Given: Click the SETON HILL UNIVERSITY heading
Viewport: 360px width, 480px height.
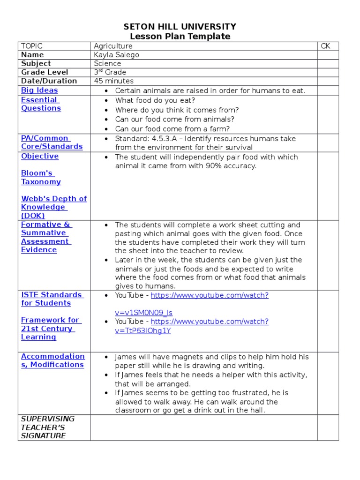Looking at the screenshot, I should [x=180, y=27].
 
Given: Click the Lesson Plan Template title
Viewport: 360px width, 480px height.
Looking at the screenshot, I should [x=180, y=37].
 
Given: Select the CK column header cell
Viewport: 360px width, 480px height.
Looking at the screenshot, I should [x=325, y=46].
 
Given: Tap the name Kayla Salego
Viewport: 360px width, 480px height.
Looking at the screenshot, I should [x=116, y=55].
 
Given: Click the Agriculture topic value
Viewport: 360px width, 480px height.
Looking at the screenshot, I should [x=113, y=46].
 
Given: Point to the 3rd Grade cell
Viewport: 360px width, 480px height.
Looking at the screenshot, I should [x=110, y=72].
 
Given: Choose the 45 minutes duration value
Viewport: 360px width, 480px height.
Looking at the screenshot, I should [x=113, y=81].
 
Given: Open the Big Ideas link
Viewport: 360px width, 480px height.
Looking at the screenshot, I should [x=39, y=90].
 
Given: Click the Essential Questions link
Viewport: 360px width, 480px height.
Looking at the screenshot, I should [x=41, y=104].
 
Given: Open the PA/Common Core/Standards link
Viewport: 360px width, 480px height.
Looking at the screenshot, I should [x=52, y=142].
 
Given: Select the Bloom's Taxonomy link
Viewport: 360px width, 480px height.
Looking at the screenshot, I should [x=41, y=178].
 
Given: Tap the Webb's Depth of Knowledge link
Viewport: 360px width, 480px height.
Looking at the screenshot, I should [x=53, y=207].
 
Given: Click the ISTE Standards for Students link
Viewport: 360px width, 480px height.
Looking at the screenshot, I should [x=52, y=299].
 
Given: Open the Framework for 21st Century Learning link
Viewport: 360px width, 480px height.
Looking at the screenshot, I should [x=50, y=329].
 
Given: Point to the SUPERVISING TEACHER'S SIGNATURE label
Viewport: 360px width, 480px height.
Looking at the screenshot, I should [x=47, y=427].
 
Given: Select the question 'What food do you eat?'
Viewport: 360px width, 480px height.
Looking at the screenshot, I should [x=155, y=101].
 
